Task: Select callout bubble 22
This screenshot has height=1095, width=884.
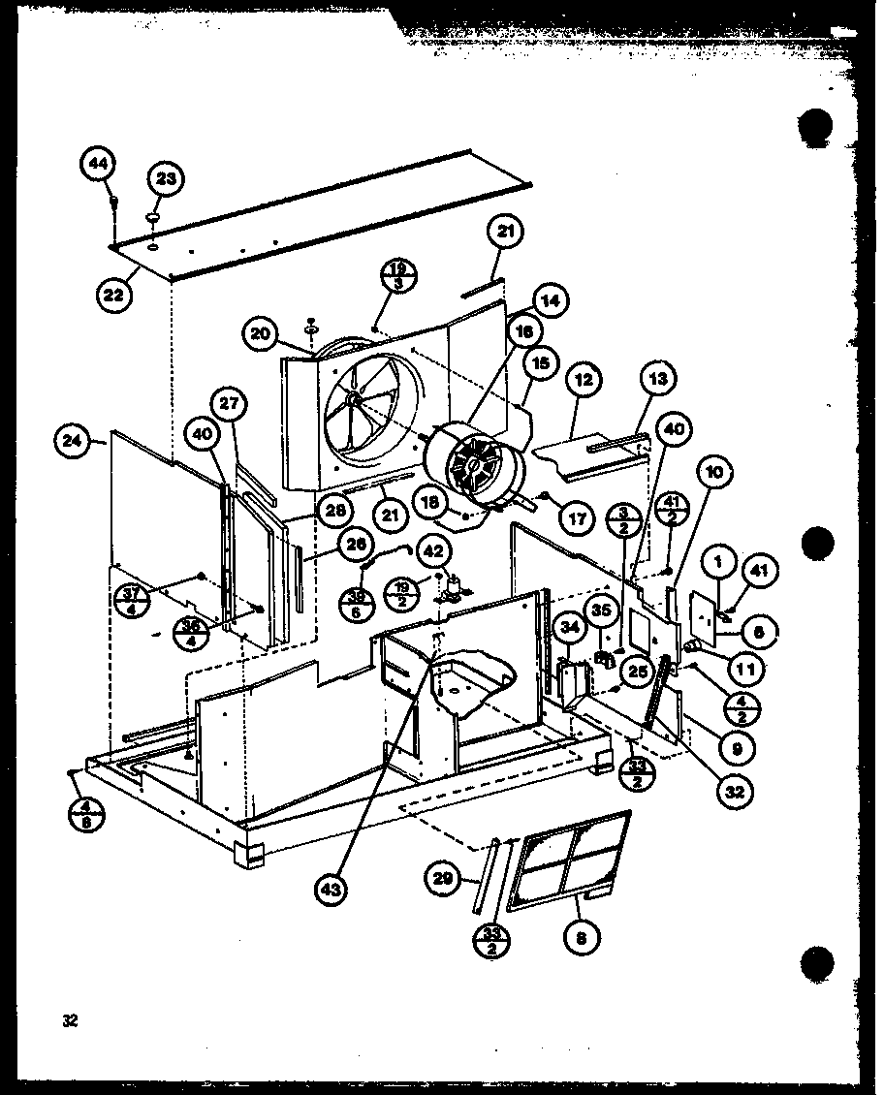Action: click(115, 294)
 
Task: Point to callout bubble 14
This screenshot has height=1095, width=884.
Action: click(551, 300)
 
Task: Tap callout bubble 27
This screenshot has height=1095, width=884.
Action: click(232, 405)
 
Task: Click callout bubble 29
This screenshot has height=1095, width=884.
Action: click(442, 879)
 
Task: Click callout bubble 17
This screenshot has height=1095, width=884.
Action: click(579, 518)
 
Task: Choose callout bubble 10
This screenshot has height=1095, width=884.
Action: click(713, 473)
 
